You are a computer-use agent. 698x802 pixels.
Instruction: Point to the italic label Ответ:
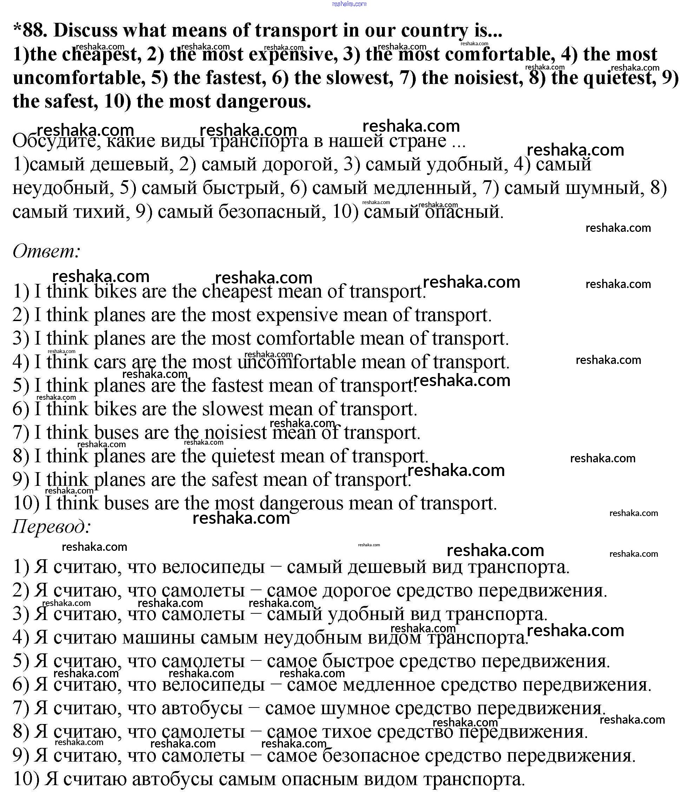pyautogui.click(x=46, y=252)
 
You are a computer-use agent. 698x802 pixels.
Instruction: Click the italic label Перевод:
pyautogui.click(x=52, y=527)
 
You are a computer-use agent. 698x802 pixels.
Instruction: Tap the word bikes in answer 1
pyautogui.click(x=115, y=292)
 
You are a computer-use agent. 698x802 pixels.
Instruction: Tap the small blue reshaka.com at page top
pyautogui.click(x=349, y=4)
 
